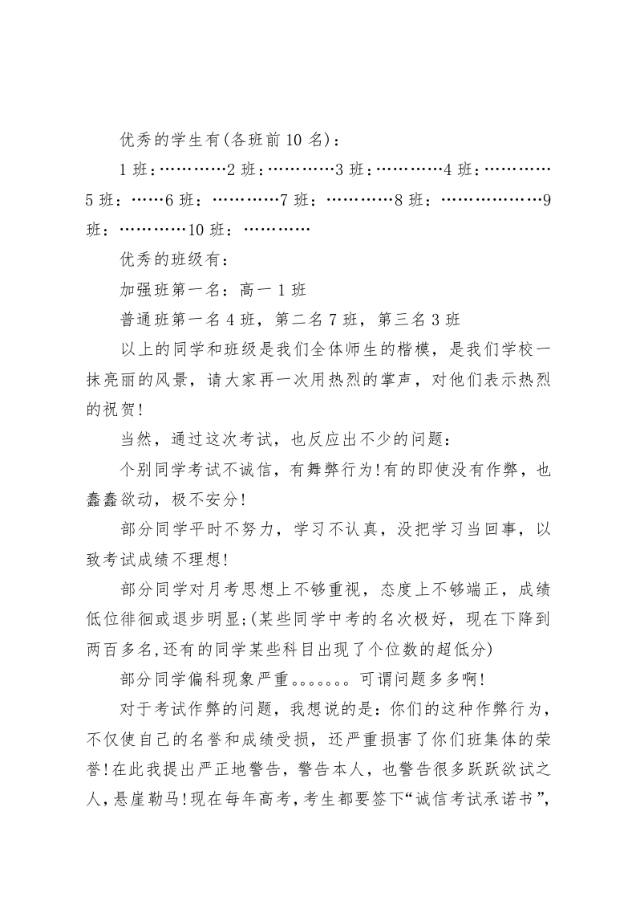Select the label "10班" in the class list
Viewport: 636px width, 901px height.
click(207, 230)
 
